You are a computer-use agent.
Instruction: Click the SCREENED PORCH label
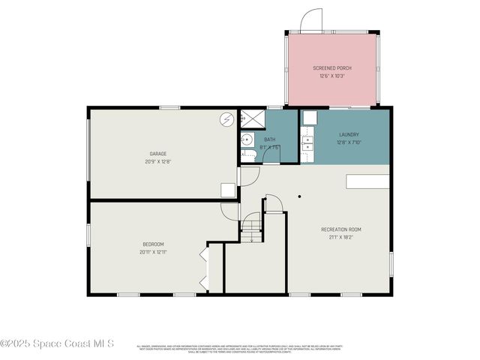tap(331, 68)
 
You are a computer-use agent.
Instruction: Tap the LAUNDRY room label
tap(349, 135)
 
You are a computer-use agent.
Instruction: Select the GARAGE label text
tap(157, 154)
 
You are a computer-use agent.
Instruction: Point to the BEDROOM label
tap(153, 244)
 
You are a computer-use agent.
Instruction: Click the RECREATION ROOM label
tap(341, 229)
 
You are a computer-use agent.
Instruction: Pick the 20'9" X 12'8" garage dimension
tap(157, 161)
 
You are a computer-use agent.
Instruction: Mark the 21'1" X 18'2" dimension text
tap(341, 237)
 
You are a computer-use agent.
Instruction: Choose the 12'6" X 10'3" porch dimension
tap(331, 76)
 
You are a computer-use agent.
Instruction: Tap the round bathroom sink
tap(245, 139)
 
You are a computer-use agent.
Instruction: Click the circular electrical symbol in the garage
tap(226, 120)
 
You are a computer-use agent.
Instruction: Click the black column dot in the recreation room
tap(299, 196)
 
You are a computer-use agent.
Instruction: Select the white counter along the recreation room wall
tap(367, 181)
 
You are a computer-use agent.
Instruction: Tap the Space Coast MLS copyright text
tap(57, 343)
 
